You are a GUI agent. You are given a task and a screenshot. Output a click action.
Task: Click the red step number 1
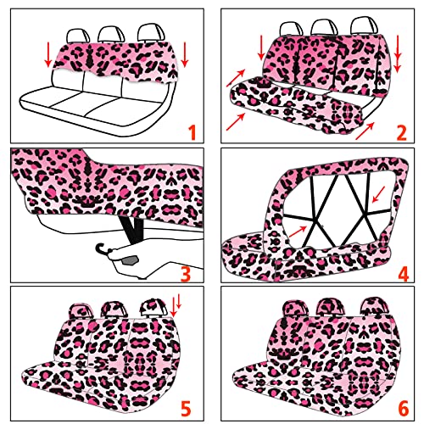(x=192, y=132)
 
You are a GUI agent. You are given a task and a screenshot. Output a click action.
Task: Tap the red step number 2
(x=401, y=132)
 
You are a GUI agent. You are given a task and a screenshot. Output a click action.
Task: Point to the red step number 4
(x=403, y=273)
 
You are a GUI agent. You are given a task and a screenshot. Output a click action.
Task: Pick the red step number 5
(x=186, y=409)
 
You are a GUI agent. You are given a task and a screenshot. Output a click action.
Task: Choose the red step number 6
(x=404, y=409)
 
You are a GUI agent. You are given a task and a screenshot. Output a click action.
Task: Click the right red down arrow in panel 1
(x=185, y=55)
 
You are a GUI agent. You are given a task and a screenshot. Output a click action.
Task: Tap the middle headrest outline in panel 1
(x=111, y=35)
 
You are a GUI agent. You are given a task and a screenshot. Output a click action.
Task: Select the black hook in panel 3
(x=101, y=247)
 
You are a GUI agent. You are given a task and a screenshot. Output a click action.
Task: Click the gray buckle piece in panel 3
(x=130, y=260)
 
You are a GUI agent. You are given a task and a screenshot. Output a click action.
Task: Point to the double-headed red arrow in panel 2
(x=398, y=53)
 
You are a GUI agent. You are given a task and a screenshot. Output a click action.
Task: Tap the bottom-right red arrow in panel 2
(x=365, y=131)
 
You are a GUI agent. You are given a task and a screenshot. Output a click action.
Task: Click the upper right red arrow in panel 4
(x=379, y=194)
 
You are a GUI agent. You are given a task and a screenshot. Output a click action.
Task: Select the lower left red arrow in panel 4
(x=298, y=232)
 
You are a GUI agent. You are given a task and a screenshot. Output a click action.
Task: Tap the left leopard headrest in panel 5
(x=81, y=311)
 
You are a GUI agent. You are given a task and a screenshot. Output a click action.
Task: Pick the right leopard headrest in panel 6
(x=376, y=306)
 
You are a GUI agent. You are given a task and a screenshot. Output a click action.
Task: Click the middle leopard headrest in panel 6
(x=331, y=308)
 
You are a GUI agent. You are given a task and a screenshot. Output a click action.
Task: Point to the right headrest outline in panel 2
(x=364, y=26)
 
